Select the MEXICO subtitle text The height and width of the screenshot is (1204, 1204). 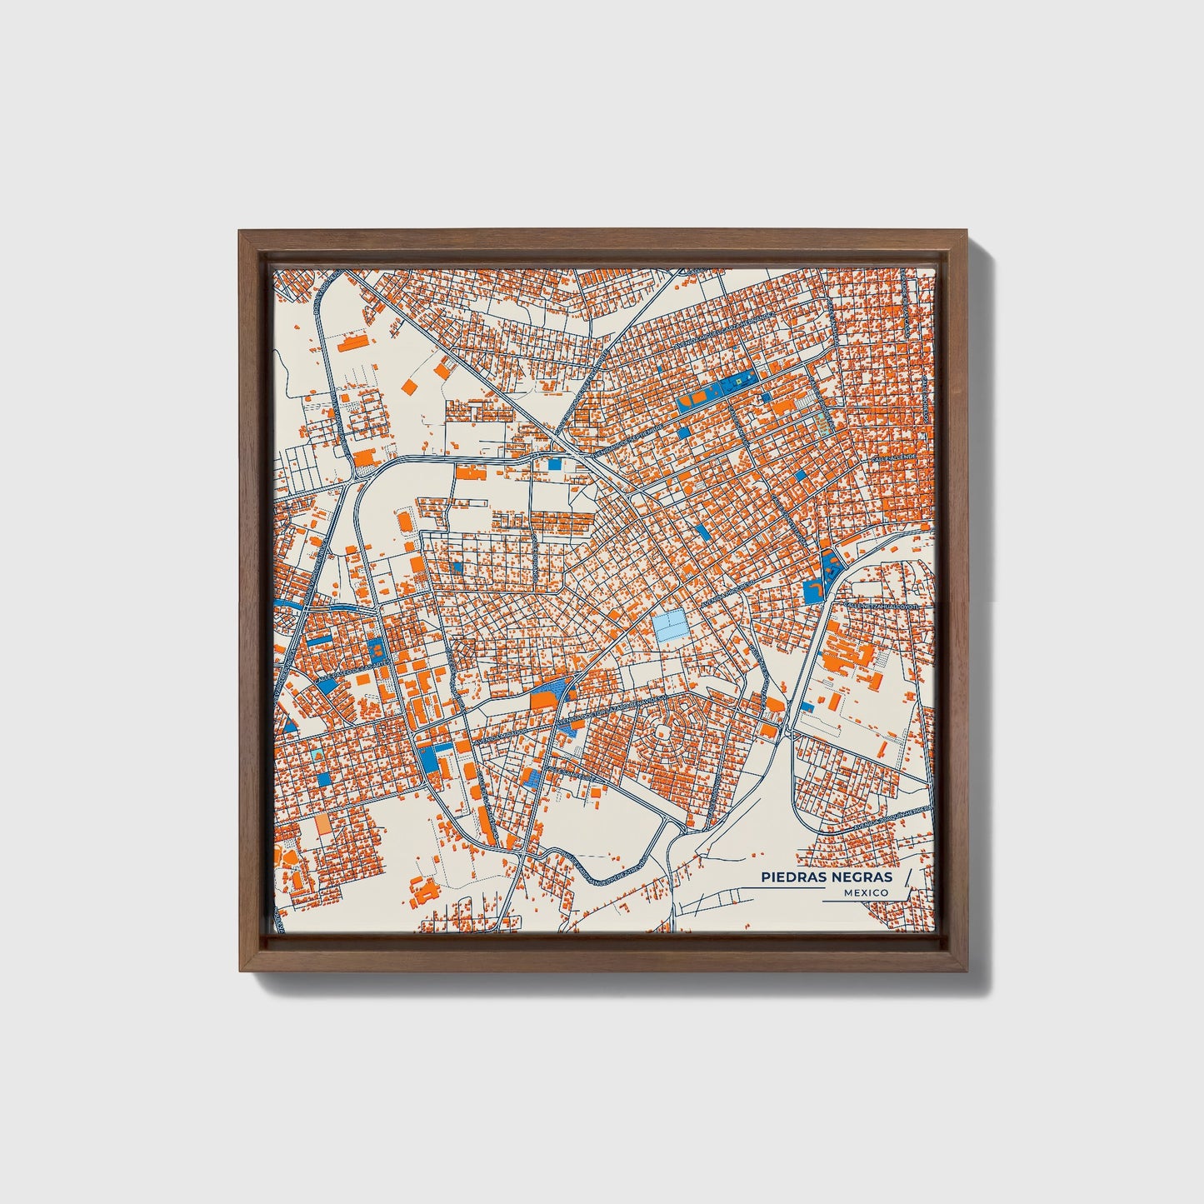pos(865,892)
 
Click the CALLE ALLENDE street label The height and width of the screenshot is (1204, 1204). pos(893,459)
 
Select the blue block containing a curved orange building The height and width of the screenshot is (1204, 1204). pos(813,591)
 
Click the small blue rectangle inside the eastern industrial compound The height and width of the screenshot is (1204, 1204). pos(807,707)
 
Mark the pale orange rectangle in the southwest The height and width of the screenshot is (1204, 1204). pos(321,825)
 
